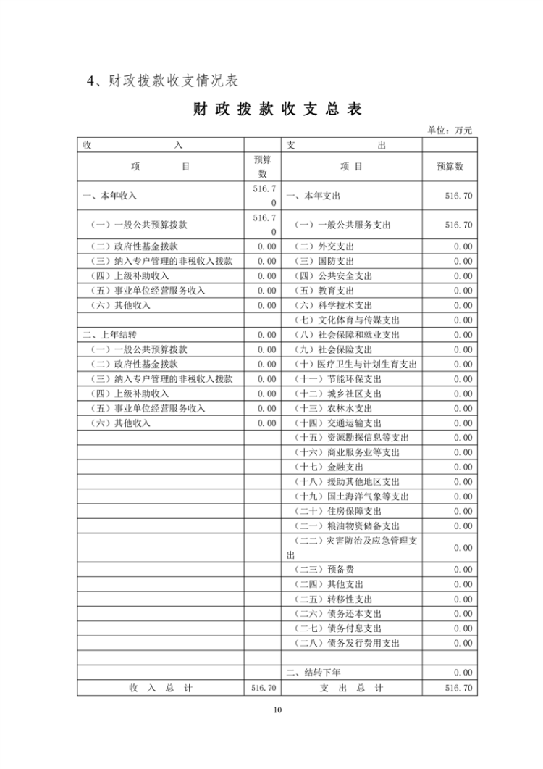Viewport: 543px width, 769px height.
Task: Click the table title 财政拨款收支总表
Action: tap(277, 109)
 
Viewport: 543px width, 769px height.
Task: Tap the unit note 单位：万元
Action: tap(449, 130)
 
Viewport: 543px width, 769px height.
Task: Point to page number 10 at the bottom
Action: tap(277, 710)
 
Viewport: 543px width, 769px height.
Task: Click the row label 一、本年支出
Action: tap(313, 196)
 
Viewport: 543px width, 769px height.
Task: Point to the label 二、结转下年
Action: tap(313, 673)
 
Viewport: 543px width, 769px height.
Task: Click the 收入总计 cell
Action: tap(160, 688)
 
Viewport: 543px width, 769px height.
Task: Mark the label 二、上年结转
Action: tap(109, 335)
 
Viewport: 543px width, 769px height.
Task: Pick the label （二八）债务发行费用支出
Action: tap(348, 643)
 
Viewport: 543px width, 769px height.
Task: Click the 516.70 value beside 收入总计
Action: tap(263, 688)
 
